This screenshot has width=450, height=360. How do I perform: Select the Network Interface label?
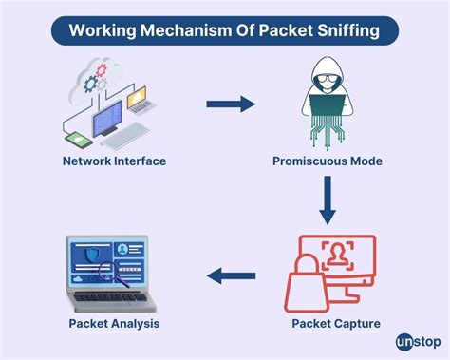pyautogui.click(x=114, y=161)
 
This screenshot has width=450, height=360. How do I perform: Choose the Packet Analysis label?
pyautogui.click(x=114, y=324)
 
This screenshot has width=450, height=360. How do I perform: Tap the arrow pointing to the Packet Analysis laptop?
pyautogui.click(x=231, y=276)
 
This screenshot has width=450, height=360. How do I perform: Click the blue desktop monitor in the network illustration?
pyautogui.click(x=107, y=117)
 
